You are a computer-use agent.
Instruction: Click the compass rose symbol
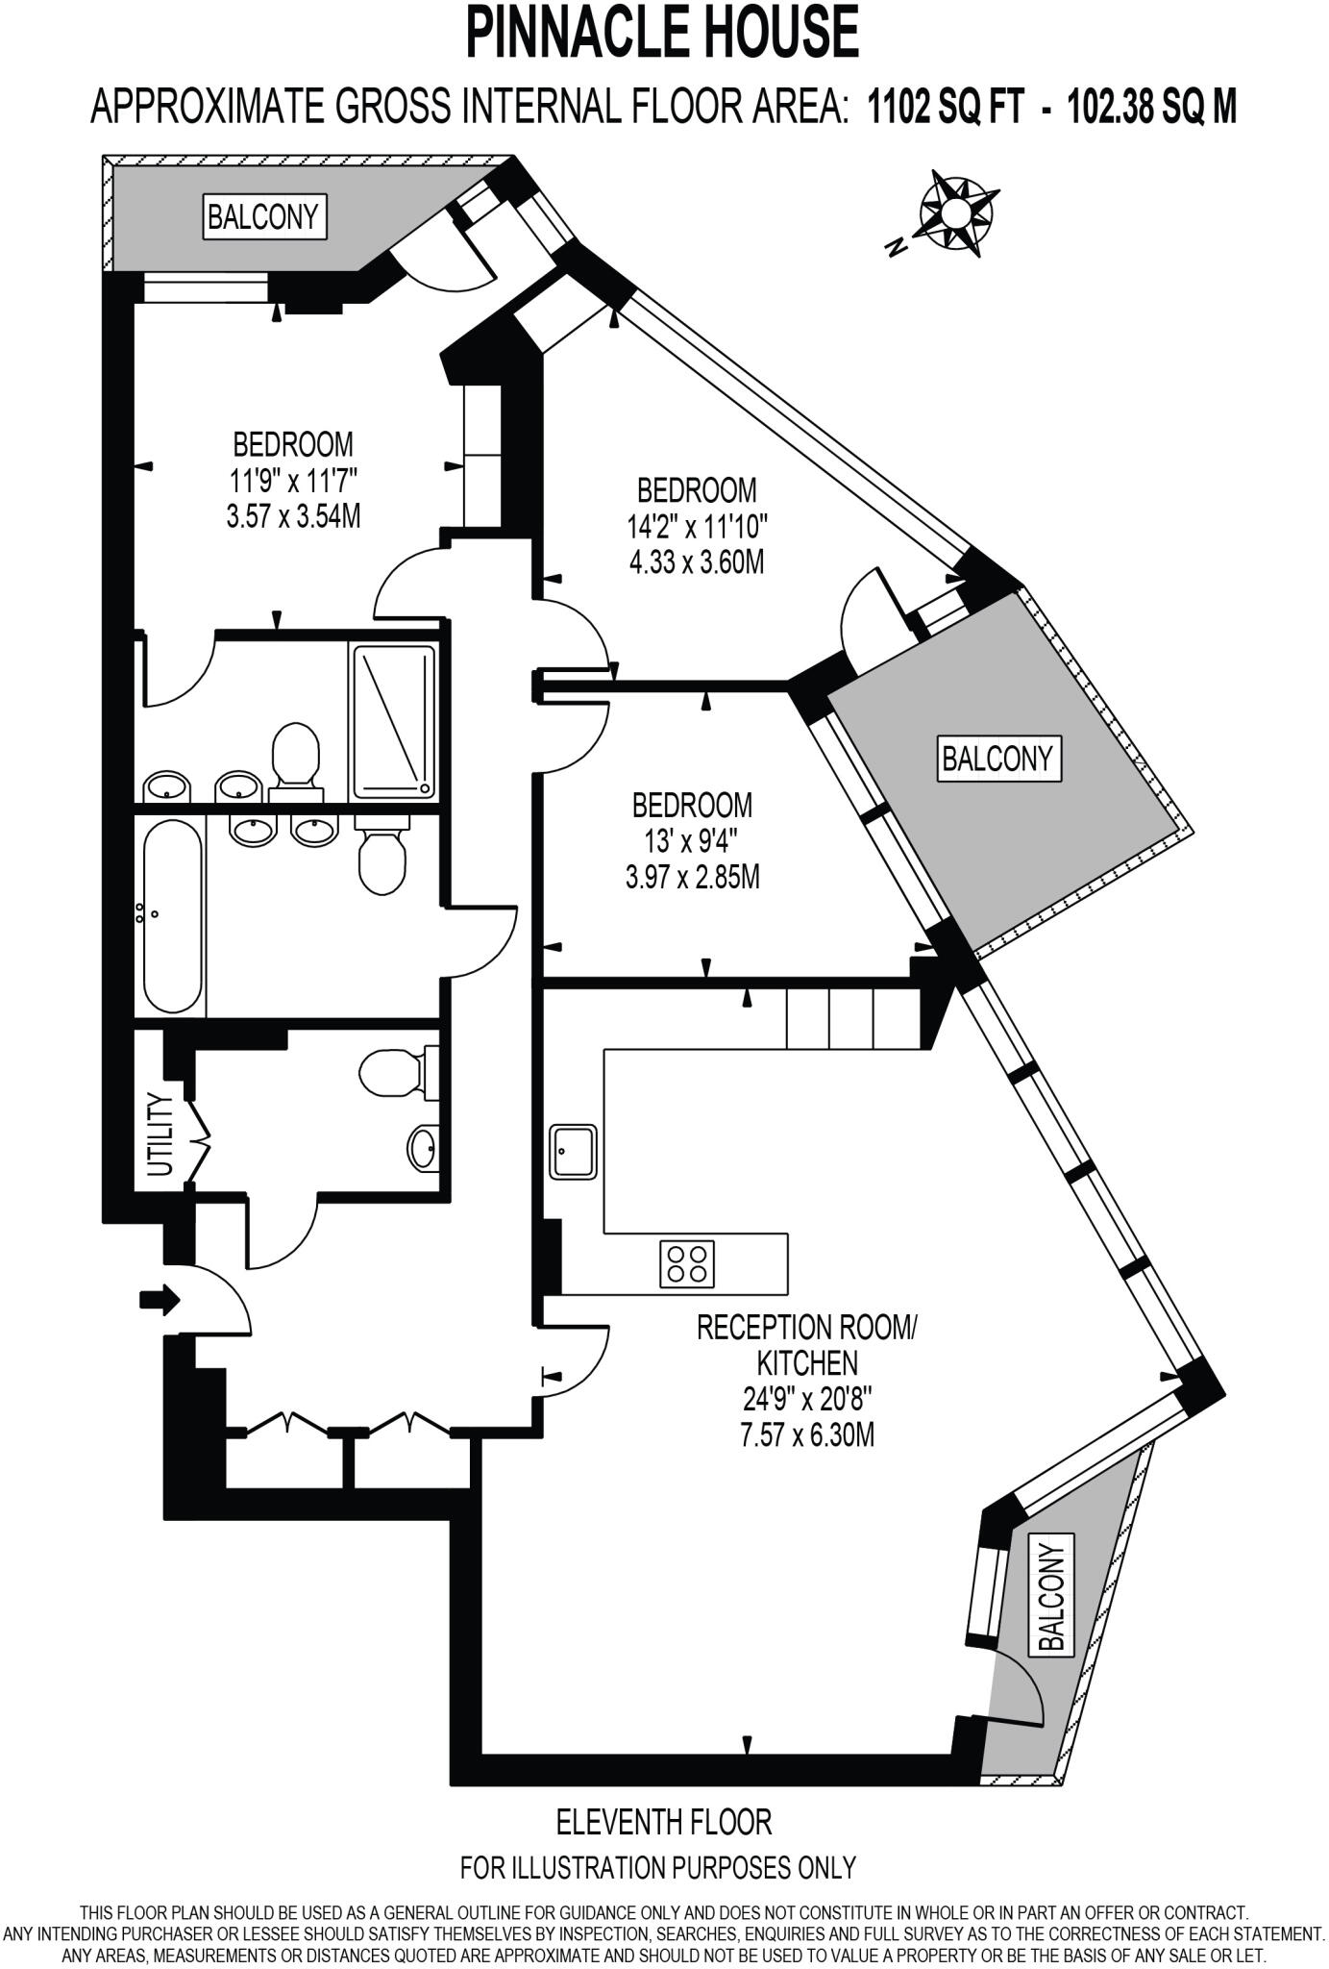[955, 213]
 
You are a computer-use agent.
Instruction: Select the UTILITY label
[160, 1135]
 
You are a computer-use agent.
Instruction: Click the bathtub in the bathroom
[173, 914]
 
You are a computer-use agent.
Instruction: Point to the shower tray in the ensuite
[394, 722]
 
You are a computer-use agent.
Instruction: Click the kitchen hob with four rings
[687, 1263]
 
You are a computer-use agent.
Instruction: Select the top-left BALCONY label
[263, 216]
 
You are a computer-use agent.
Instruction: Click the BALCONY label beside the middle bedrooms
[997, 760]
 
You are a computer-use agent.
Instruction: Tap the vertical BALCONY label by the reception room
[1052, 1598]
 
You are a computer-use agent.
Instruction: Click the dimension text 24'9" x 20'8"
[805, 1399]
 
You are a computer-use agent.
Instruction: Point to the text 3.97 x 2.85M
[692, 877]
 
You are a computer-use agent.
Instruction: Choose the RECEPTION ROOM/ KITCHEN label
[806, 1345]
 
